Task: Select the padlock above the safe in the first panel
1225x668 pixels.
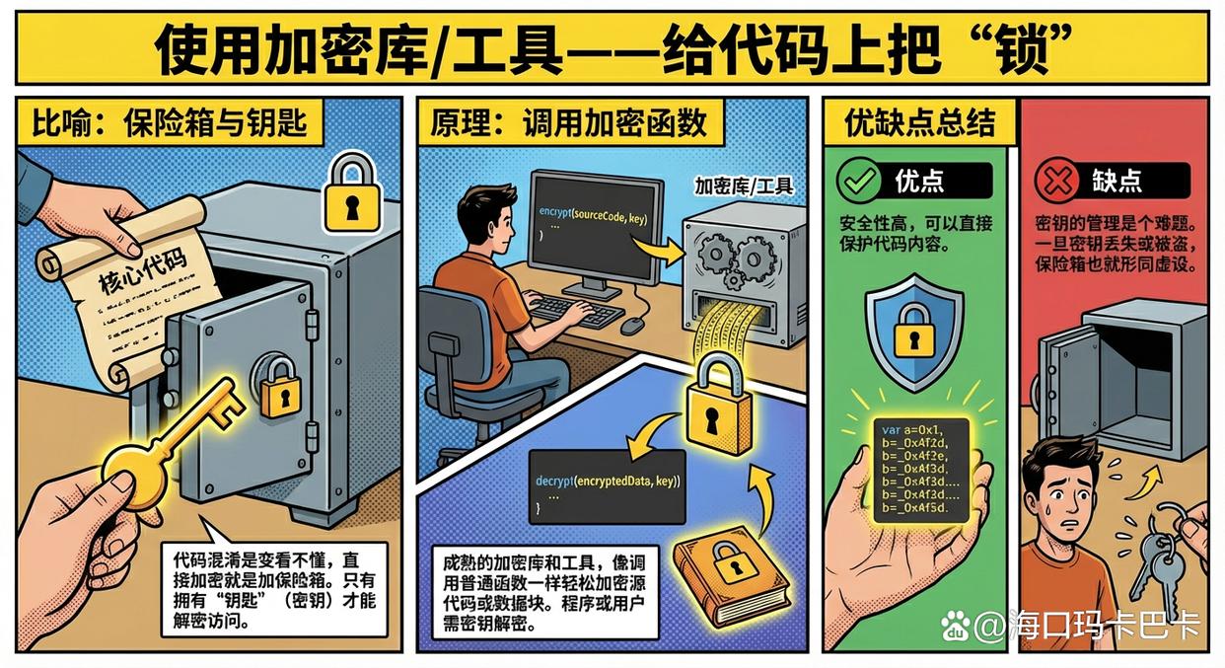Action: (x=348, y=189)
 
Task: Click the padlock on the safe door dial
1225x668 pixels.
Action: (x=278, y=387)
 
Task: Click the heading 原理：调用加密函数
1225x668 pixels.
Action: (x=568, y=123)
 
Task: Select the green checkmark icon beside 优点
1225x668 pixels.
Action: (x=858, y=181)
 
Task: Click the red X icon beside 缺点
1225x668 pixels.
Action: (x=1055, y=181)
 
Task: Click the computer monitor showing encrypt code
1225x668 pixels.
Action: (x=595, y=225)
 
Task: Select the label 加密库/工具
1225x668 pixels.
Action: (x=744, y=186)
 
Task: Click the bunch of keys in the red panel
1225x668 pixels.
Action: (x=1164, y=553)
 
